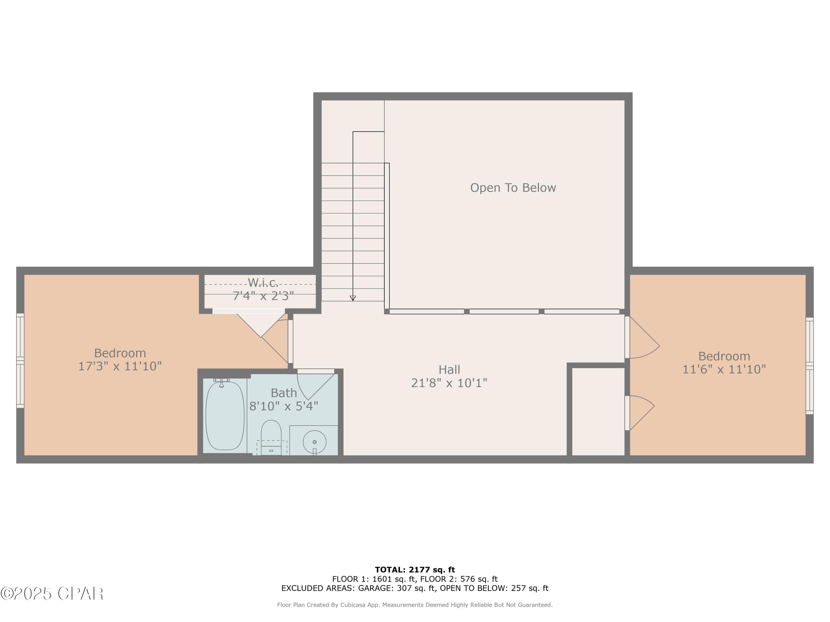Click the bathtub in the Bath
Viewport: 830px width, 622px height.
[225, 415]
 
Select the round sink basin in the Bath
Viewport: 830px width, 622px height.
[315, 442]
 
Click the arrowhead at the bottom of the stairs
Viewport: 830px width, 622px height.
[353, 298]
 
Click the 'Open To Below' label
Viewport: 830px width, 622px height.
[513, 188]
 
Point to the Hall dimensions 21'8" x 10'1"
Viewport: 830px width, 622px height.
[449, 383]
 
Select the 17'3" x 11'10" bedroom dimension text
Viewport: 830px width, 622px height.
[120, 366]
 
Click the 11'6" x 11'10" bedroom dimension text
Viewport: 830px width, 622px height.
[724, 369]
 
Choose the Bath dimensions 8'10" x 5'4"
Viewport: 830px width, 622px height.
[284, 406]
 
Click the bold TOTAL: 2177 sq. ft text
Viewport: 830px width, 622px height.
[415, 570]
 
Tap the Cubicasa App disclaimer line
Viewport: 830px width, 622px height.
[415, 605]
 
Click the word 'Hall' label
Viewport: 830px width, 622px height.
[449, 370]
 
